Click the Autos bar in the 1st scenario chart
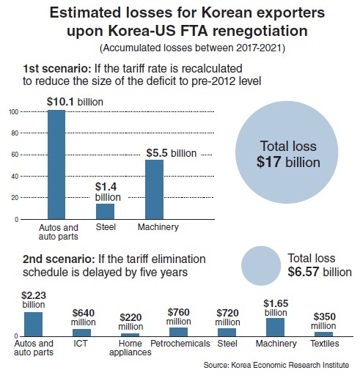[x=56, y=164]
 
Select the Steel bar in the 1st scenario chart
[x=105, y=211]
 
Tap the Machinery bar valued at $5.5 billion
[x=154, y=189]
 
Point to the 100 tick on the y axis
[x=14, y=112]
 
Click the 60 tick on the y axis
[x=15, y=155]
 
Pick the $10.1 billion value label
[x=75, y=102]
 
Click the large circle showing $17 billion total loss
[x=287, y=152]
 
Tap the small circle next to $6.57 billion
[x=261, y=266]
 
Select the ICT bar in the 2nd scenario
[x=81, y=333]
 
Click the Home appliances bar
[x=130, y=335]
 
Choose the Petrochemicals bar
[x=178, y=332]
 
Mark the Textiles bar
[x=323, y=334]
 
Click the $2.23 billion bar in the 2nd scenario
[x=33, y=324]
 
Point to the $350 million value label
[x=323, y=321]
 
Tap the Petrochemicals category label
[x=180, y=344]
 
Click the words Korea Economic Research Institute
[x=290, y=365]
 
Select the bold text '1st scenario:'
[x=57, y=69]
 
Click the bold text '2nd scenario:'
[x=59, y=259]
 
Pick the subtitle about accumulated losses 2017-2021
[x=192, y=48]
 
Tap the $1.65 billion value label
[x=276, y=308]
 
